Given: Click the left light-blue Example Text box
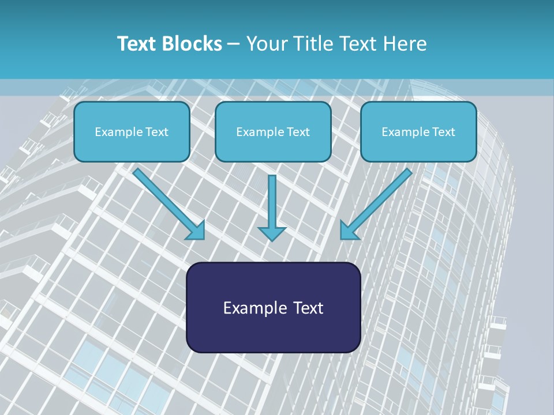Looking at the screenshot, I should pos(132,131).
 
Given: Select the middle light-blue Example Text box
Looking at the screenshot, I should pos(273,131).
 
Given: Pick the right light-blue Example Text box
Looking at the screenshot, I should pos(418,131).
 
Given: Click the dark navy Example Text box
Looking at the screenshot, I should pos(273,308).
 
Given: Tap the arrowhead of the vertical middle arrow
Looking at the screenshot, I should pos(272,233).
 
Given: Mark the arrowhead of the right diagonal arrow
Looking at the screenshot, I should pos(348,231).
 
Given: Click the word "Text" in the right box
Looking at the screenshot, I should pos(444,131).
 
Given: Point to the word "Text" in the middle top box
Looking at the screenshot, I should pos(298,131).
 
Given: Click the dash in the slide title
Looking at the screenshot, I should pos(234,44).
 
